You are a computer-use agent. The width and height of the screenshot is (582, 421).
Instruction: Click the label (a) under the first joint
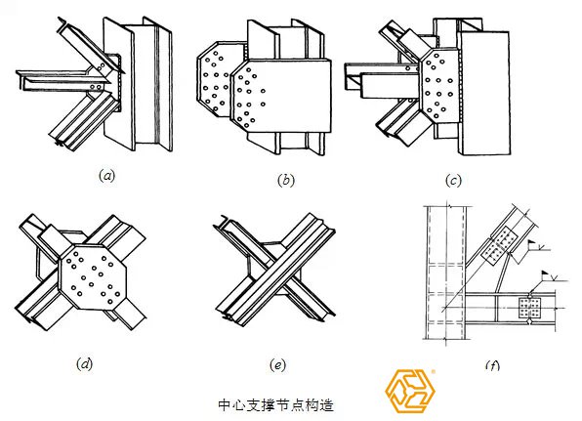(x=107, y=175)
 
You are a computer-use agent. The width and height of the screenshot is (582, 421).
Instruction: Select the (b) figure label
(x=286, y=180)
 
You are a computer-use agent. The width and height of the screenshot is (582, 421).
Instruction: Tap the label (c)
(x=453, y=181)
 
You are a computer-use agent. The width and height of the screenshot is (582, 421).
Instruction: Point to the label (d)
(x=84, y=363)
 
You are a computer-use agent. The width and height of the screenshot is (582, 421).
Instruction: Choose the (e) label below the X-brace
(x=277, y=365)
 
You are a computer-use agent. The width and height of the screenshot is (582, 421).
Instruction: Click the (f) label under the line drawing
(x=492, y=365)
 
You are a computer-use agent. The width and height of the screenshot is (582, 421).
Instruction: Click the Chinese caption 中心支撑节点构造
(x=275, y=404)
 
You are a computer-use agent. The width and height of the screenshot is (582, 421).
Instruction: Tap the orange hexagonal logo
(x=409, y=391)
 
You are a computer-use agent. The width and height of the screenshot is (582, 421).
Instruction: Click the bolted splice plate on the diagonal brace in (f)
(x=499, y=246)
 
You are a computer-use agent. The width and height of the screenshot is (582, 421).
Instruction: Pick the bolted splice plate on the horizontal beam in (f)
(x=529, y=308)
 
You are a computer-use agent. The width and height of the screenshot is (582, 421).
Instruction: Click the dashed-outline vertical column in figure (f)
(x=445, y=273)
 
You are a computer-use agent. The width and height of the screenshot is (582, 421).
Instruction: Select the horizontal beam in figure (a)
(x=63, y=80)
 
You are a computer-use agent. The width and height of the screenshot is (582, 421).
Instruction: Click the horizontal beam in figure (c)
(x=383, y=80)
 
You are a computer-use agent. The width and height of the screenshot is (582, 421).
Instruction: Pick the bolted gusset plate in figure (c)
(x=440, y=85)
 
